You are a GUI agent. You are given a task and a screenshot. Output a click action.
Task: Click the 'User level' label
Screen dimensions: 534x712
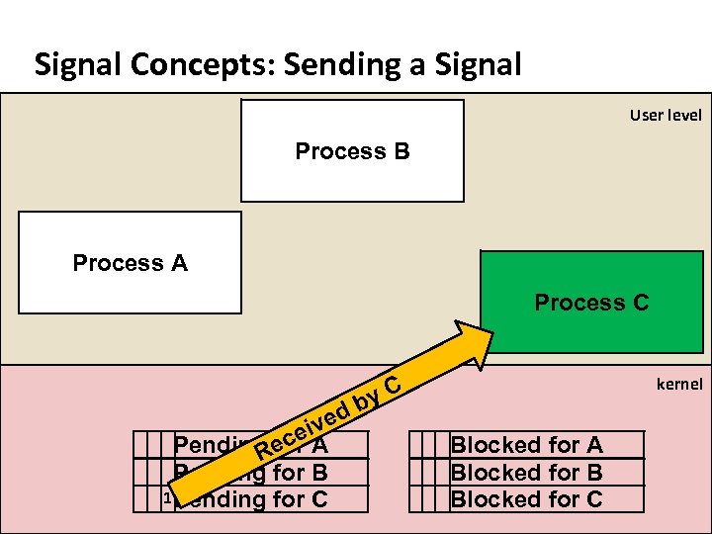pos(666,116)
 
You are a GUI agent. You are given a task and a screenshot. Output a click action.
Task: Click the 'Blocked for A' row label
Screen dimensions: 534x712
pos(526,446)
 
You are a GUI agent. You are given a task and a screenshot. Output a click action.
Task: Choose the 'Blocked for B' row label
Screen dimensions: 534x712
pos(526,473)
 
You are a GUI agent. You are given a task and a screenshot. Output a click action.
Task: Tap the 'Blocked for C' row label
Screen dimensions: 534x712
pos(526,499)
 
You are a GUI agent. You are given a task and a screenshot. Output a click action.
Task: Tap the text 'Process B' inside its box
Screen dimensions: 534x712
pos(352,151)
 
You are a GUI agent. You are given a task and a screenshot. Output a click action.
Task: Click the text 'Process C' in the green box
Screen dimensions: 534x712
pos(591,303)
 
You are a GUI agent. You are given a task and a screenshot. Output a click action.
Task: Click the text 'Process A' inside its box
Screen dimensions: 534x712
pos(130,263)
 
